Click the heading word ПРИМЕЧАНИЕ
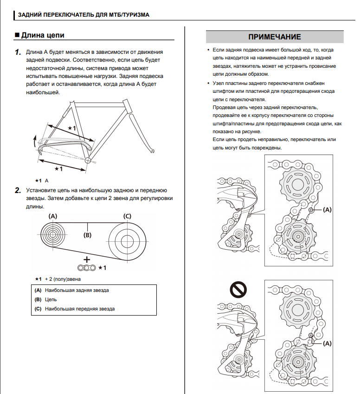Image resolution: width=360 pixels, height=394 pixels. click(274, 37)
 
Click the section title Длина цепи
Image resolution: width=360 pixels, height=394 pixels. click(43, 35)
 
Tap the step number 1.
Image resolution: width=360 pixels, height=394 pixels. click(18, 52)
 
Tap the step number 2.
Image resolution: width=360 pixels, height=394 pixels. click(18, 190)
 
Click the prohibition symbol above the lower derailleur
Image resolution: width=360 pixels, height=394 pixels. click(238, 290)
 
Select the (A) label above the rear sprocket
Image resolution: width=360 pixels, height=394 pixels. click(53, 216)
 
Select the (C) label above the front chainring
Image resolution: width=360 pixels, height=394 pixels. click(127, 216)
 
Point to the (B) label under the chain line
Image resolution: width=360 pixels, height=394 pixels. click(87, 235)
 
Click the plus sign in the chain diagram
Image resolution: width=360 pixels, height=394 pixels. click(87, 259)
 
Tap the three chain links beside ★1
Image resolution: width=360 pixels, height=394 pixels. click(87, 268)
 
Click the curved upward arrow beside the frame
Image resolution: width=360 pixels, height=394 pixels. click(35, 141)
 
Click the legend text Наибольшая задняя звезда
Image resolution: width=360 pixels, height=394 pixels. click(77, 290)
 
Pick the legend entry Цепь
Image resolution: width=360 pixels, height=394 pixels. click(51, 299)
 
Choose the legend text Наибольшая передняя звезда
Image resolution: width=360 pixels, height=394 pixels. click(80, 309)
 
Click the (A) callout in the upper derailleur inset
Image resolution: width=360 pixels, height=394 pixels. click(327, 210)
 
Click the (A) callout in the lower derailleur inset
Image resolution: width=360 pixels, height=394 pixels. click(327, 343)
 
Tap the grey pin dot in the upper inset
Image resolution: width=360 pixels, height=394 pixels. click(311, 210)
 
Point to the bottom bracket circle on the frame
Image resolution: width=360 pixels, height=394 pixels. click(87, 160)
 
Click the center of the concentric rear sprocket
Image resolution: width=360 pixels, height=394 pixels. click(53, 235)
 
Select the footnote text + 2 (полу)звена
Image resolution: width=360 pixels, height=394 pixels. click(63, 279)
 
